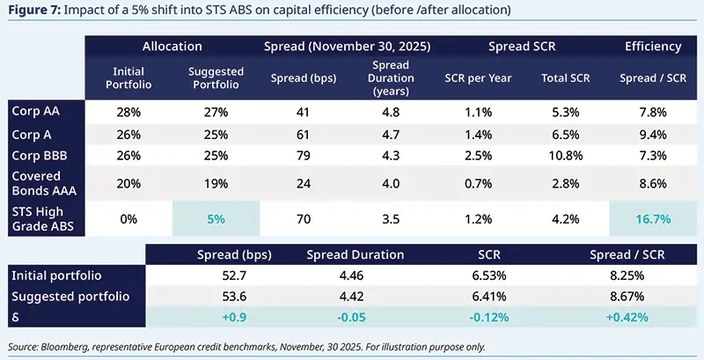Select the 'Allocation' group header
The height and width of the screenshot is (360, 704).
click(172, 46)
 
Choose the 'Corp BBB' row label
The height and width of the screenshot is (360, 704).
click(40, 155)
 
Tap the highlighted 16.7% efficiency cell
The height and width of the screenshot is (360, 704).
click(654, 218)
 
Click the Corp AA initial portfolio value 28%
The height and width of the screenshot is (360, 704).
click(129, 113)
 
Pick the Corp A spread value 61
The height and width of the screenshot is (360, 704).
click(301, 134)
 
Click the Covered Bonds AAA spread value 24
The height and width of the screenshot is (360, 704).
click(301, 183)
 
